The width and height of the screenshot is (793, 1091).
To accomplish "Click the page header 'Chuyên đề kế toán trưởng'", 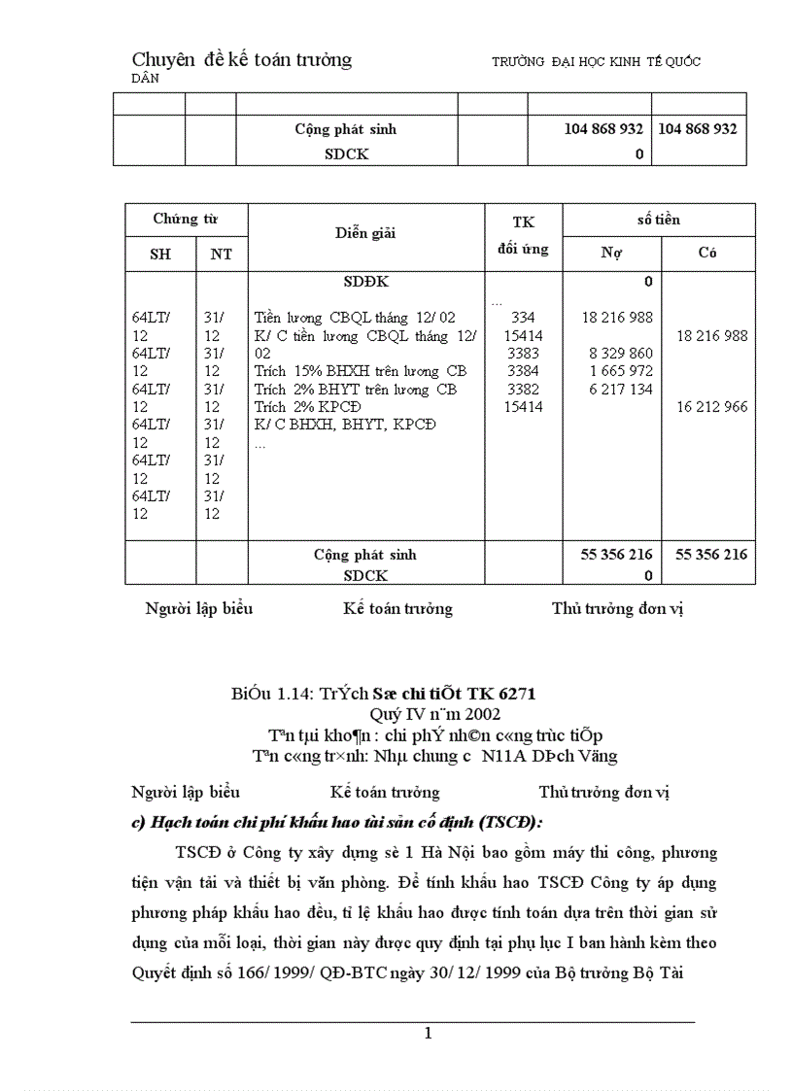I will pos(241,60).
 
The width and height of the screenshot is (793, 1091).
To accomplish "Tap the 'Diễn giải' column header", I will pos(365,233).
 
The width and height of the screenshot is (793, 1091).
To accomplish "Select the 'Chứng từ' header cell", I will pos(186,220).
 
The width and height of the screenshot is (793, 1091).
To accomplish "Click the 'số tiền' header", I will pos(658,220).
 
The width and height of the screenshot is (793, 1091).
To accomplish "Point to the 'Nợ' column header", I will pos(611,254).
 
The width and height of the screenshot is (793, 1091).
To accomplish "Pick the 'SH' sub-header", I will pos(159,255).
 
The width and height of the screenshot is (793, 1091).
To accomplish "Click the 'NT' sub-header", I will pos(222,255).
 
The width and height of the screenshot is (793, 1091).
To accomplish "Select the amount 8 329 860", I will pos(621,354).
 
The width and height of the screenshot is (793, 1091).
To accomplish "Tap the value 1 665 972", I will pos(621,371).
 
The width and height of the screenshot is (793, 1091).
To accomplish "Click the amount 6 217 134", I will pos(621,390).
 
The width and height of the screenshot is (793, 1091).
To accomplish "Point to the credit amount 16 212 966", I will pos(711,407).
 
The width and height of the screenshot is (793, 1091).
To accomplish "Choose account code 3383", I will pos(523,354).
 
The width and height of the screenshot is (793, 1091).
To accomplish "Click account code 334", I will pos(523,318).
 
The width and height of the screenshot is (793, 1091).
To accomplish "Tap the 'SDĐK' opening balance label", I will pos(365,282).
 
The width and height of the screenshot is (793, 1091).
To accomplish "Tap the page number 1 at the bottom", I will pos(428,1034).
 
